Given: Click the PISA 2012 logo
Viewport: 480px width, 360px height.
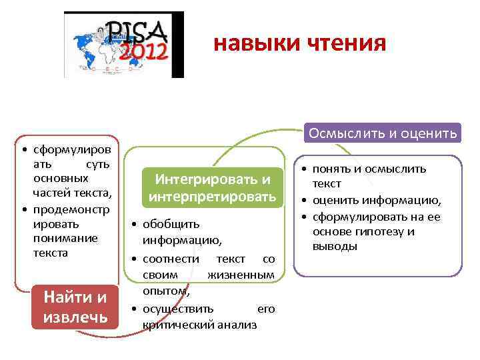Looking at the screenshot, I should (123, 45).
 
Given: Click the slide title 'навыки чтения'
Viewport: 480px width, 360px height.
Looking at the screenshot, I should (299, 43).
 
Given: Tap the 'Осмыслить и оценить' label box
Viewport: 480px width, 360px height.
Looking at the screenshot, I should (382, 133).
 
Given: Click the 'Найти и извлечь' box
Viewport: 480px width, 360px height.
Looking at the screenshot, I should (75, 307).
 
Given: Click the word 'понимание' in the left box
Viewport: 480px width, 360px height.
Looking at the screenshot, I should (65, 238).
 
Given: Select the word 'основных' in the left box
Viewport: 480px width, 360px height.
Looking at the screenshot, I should (61, 179).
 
